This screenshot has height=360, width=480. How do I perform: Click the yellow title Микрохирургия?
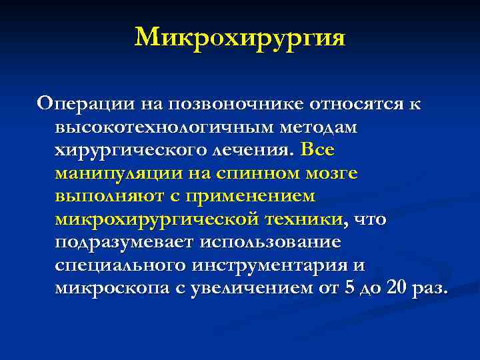coord(240,38)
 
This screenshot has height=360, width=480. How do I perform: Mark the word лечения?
coord(253,150)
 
